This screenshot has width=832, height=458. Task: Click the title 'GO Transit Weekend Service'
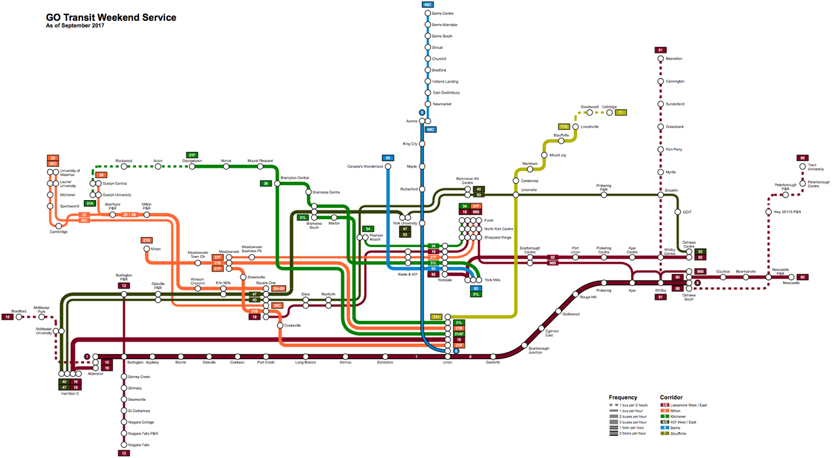tap(111, 18)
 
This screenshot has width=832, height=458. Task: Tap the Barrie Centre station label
tap(443, 13)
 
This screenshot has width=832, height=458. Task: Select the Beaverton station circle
tap(660, 58)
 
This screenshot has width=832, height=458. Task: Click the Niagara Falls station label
tap(139, 445)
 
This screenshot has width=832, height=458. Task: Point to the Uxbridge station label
tap(609, 107)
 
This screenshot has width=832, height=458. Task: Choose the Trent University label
tap(816, 168)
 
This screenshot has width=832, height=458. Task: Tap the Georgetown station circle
tap(192, 166)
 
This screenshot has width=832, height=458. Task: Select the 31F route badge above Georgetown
tap(192, 155)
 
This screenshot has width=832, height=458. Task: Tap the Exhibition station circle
tap(385, 357)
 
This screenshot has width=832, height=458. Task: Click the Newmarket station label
tap(442, 104)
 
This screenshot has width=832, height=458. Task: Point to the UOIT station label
tap(688, 212)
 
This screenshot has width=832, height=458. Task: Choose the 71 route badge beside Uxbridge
tap(621, 112)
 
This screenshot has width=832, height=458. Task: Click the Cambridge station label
tap(58, 232)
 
